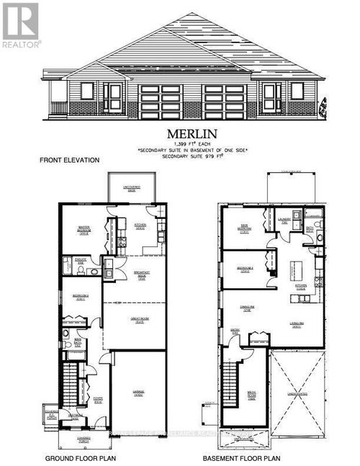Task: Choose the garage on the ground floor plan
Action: point(138,393)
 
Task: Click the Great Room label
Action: point(135,323)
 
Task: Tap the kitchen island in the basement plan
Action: point(292,272)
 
